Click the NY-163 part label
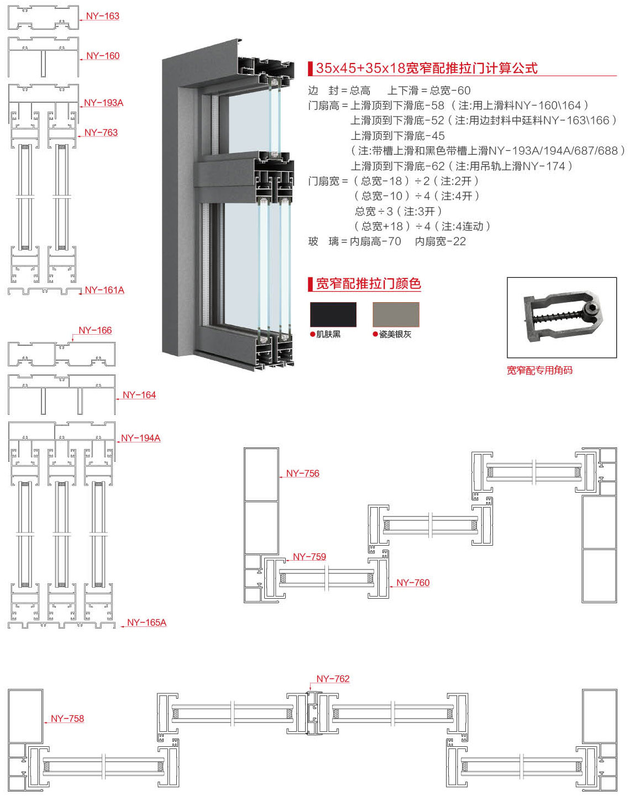[103, 16]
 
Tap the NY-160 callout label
[103, 56]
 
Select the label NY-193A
[104, 103]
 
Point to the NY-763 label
[101, 133]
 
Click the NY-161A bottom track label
[104, 290]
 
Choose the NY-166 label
[95, 330]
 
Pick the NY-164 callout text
[139, 395]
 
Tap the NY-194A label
[141, 438]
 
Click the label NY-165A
[146, 623]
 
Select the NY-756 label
[303, 473]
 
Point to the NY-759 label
[310, 557]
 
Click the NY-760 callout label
[413, 583]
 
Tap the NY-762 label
[333, 679]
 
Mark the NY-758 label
[67, 719]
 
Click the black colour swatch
[333, 314]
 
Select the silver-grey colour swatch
[396, 314]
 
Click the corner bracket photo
[562, 317]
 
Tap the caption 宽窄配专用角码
[539, 370]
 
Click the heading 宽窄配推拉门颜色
[368, 284]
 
